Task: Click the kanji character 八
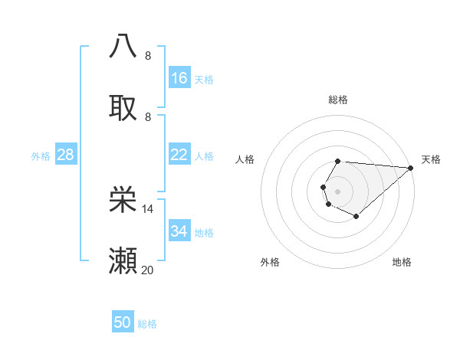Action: pos(123,45)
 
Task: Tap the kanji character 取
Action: pos(123,107)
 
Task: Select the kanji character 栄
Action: pos(123,199)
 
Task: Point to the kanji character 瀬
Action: pos(123,261)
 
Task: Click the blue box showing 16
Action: pos(179,78)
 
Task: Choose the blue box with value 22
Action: pos(179,155)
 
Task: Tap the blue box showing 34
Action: pos(179,231)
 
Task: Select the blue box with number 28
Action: pos(66,155)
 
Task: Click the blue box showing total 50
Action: pos(123,322)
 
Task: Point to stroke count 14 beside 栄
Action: pos(148,208)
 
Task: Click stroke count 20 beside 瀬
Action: pos(148,270)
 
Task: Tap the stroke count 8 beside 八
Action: pos(148,55)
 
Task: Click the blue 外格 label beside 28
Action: pos(41,155)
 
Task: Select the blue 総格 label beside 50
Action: pos(147,324)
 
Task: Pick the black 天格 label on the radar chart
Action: pos(431,159)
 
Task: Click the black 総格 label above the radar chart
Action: pos(338,100)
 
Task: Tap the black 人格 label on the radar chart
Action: pos(245,159)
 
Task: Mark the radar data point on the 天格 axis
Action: pos(411,168)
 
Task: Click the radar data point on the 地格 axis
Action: pos(356,218)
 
